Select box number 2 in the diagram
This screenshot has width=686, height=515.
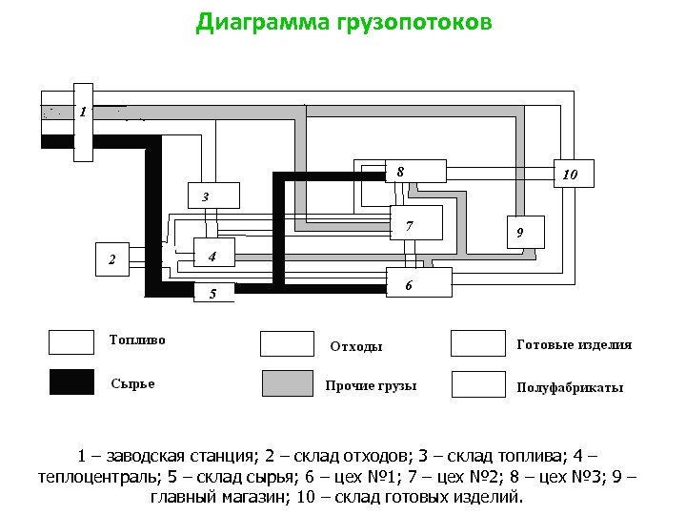pyautogui.click(x=120, y=258)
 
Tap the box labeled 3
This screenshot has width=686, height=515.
pyautogui.click(x=212, y=196)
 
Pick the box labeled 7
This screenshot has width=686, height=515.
pyautogui.click(x=415, y=224)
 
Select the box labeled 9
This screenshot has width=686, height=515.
pyautogui.click(x=519, y=232)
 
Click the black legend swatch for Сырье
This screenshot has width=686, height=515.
pyautogui.click(x=71, y=381)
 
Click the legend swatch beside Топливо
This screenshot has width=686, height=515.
pyautogui.click(x=71, y=341)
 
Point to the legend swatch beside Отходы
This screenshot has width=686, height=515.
pyautogui.click(x=287, y=343)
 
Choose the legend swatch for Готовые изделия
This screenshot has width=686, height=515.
pyautogui.click(x=477, y=343)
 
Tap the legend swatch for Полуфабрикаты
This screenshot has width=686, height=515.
pyautogui.click(x=477, y=384)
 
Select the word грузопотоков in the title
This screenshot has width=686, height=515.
pyautogui.click(x=415, y=22)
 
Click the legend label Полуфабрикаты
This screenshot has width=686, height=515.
pyautogui.click(x=570, y=387)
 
